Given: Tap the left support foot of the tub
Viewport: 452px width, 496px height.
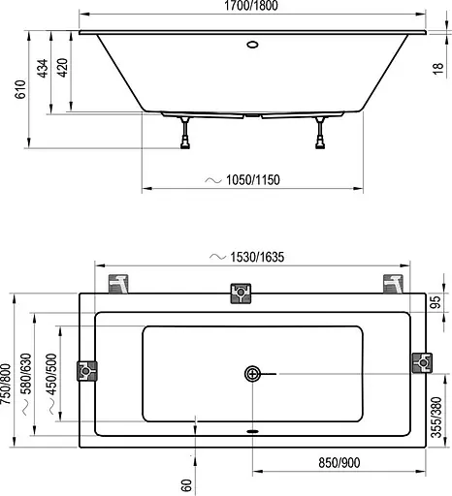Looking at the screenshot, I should tap(182, 136).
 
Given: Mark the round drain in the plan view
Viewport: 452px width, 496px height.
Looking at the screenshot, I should tap(253, 373).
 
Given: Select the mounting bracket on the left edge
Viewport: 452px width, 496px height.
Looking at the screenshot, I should tap(89, 371).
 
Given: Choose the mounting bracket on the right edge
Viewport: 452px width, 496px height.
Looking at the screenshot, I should tap(420, 362).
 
